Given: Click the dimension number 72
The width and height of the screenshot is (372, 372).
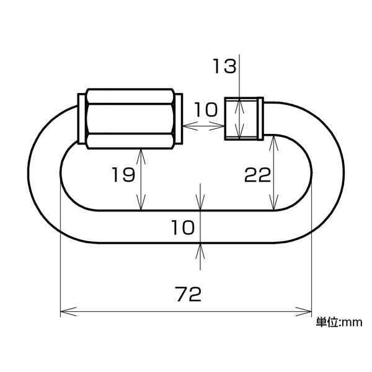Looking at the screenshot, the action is tap(189, 294).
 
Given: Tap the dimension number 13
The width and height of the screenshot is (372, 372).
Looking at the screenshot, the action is tap(224, 66).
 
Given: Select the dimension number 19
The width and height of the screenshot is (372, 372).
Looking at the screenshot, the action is tap(123, 175).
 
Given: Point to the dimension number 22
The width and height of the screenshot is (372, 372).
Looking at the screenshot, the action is tap(257, 175).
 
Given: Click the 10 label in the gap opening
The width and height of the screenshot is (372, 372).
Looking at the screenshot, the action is tap(206, 110).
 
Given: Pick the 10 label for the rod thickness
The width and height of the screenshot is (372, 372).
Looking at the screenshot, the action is tap(182, 228).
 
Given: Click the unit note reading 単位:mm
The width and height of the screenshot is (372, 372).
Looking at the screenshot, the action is tap(339, 322).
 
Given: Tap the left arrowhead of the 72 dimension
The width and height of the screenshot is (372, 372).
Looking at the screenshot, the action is tap(68, 311).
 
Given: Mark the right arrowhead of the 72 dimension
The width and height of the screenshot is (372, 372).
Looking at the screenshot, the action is tap(304, 311).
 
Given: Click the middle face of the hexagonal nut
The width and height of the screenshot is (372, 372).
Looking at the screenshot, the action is tap(130, 119).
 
